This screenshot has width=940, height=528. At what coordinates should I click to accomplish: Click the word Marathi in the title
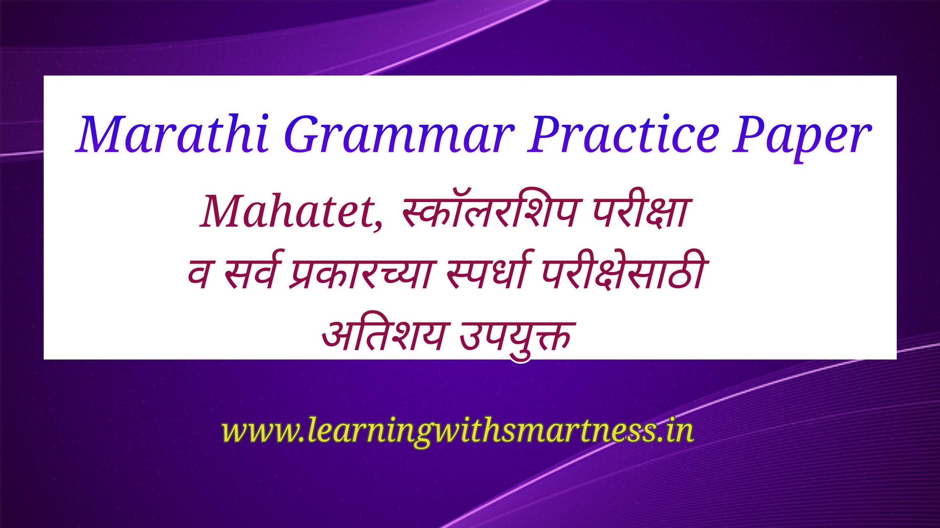(173, 133)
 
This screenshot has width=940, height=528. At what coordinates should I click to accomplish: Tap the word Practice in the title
(623, 133)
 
